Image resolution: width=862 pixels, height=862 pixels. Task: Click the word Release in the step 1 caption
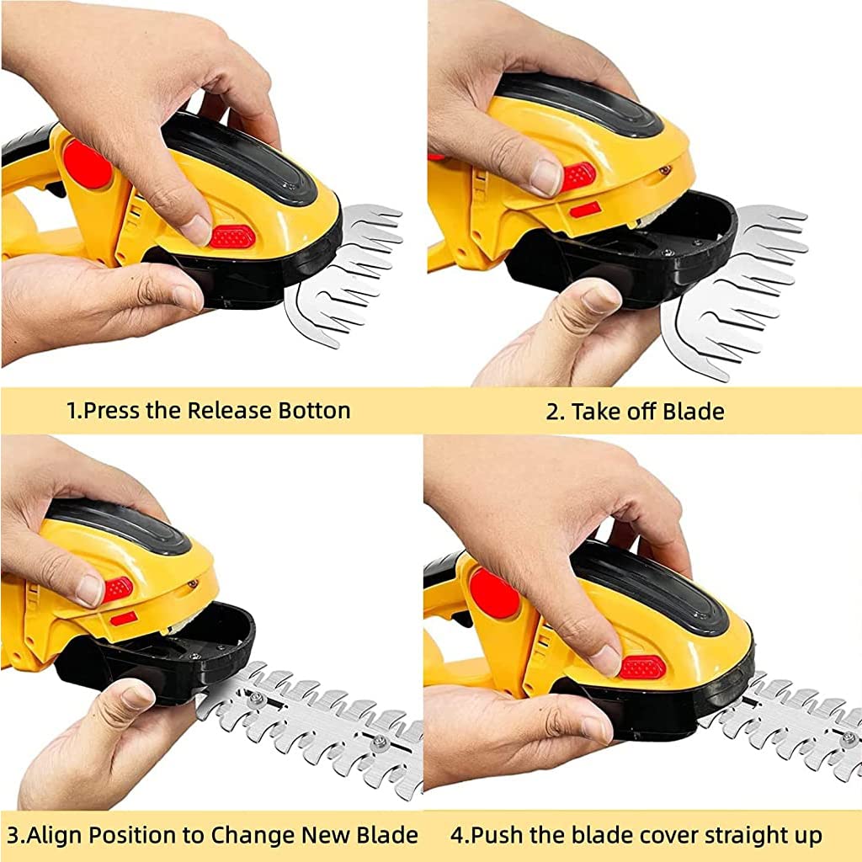click(225, 411)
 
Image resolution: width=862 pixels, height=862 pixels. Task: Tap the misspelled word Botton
click(311, 411)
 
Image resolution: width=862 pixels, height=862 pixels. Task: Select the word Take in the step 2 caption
click(599, 412)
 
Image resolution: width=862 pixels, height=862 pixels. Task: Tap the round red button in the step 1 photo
click(88, 165)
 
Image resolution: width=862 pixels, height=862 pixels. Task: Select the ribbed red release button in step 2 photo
click(579, 176)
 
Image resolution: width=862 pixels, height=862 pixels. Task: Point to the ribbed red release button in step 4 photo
click(643, 668)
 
